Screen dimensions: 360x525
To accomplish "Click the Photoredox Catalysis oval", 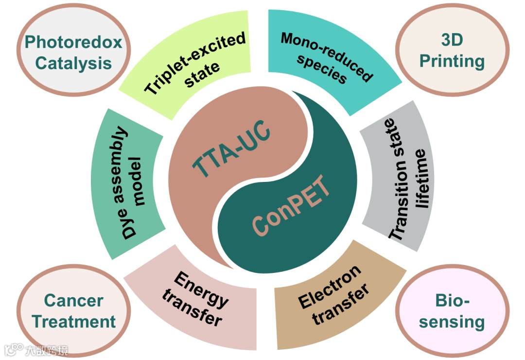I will point(73,53).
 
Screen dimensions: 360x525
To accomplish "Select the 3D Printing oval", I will point(452,51).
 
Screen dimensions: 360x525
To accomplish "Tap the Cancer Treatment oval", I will point(74,311).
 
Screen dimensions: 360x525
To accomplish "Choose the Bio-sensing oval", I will point(452,311).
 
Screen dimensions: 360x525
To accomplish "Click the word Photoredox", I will point(73,42).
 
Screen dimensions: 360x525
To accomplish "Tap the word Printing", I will point(452,61).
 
